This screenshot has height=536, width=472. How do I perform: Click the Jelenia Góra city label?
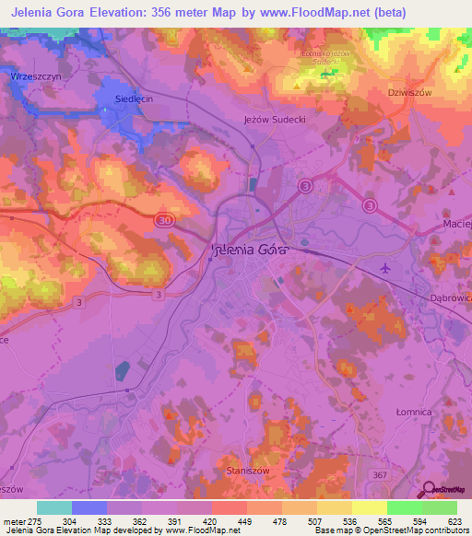(x=251, y=249)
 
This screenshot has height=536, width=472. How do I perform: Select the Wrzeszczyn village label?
(x=31, y=77)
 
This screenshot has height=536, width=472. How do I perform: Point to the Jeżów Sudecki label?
(x=274, y=120)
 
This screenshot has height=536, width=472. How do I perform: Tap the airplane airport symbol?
(x=384, y=268)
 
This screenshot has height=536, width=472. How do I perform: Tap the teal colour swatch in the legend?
(x=54, y=507)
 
